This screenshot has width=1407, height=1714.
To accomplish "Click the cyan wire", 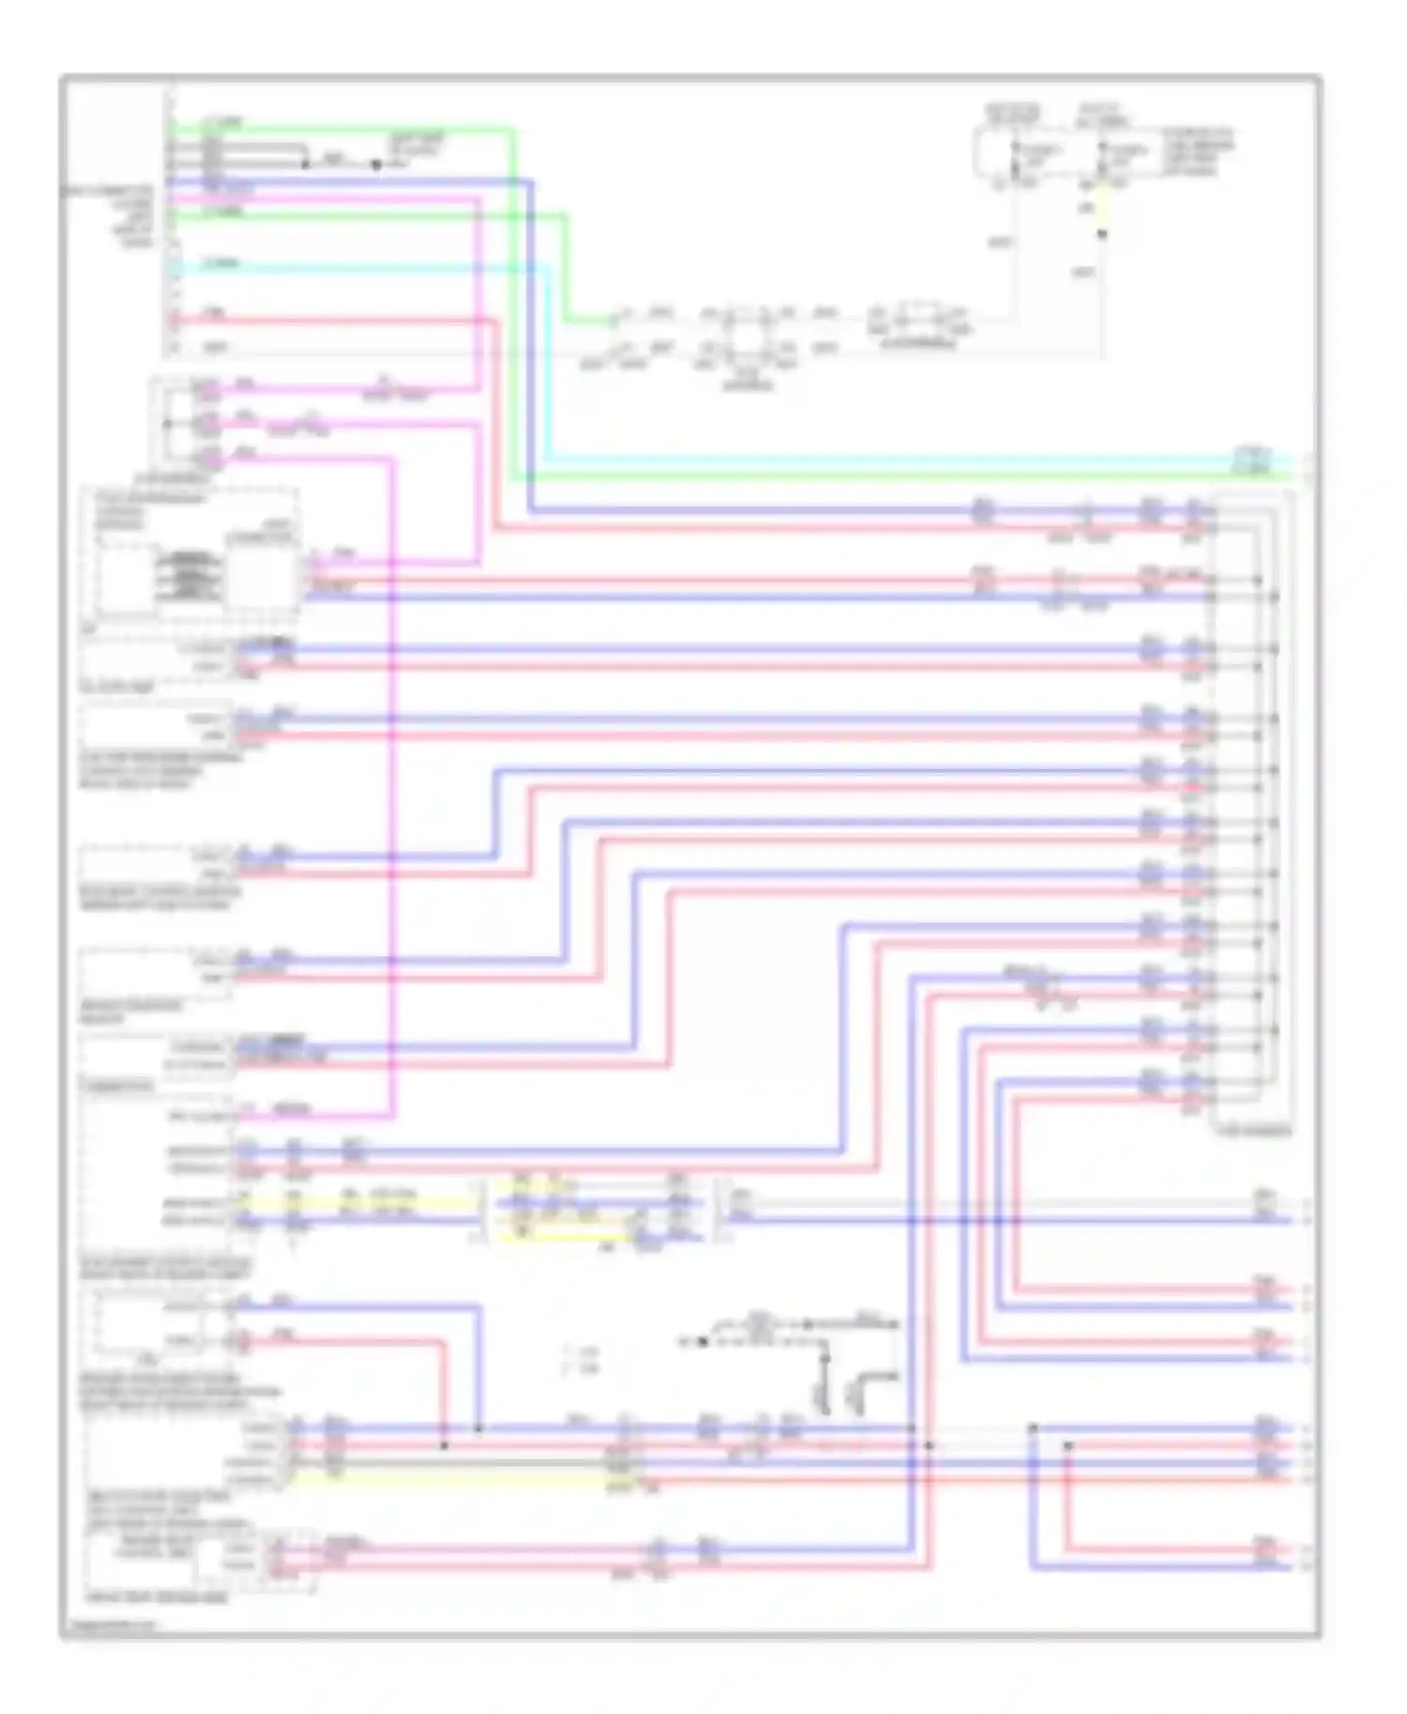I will point(844,460).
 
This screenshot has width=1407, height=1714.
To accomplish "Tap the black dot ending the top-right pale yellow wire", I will point(1103,233).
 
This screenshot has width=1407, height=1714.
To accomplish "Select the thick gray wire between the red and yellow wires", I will point(469,1462).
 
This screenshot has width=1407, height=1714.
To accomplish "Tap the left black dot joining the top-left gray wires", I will point(306,164).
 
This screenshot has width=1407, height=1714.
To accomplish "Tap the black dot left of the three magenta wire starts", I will point(168,424).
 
